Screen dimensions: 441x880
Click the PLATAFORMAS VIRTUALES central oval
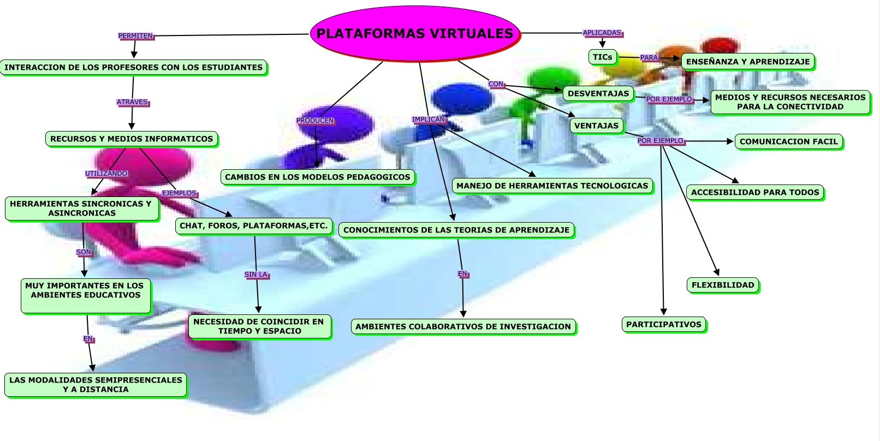pyautogui.click(x=415, y=33)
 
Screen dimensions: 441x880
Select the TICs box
pyautogui.click(x=603, y=57)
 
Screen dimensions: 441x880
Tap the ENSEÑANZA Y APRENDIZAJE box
pyautogui.click(x=748, y=62)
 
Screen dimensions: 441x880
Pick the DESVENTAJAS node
pyautogui.click(x=598, y=93)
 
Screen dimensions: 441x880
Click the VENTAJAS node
pyautogui.click(x=596, y=126)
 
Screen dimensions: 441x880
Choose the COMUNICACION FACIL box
pyautogui.click(x=788, y=141)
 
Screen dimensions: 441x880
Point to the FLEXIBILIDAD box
pyautogui.click(x=723, y=285)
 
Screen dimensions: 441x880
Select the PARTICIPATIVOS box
pyautogui.click(x=664, y=324)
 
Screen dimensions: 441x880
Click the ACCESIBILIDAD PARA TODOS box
pyautogui.click(x=755, y=192)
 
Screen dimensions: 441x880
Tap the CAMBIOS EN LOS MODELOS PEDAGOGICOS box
pyautogui.click(x=318, y=177)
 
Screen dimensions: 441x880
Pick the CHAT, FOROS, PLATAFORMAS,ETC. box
pyautogui.click(x=254, y=225)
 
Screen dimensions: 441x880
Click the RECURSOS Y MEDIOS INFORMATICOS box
pyautogui.click(x=132, y=139)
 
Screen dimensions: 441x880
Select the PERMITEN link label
pyautogui.click(x=135, y=36)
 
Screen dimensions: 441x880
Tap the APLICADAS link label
pyautogui.click(x=602, y=33)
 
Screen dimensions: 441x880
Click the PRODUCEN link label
pyautogui.click(x=315, y=121)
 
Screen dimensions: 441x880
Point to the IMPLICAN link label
pyautogui.click(x=429, y=120)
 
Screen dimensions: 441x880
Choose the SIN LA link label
pyautogui.click(x=256, y=275)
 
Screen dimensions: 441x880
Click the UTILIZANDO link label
pyautogui.click(x=106, y=174)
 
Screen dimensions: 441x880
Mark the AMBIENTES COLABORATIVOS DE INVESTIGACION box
pyautogui.click(x=463, y=326)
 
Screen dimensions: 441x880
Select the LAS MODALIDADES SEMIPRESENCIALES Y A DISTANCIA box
pyautogui.click(x=96, y=385)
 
